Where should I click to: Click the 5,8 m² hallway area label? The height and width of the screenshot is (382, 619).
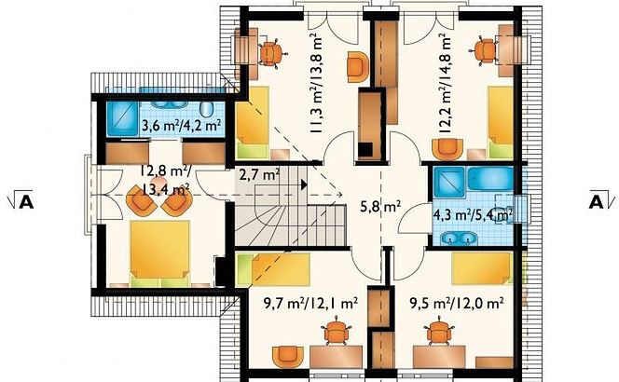coord(381,206)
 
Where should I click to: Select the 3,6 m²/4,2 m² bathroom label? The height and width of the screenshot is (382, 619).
coord(181,126)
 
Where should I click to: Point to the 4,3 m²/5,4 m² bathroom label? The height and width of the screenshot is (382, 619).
coord(473,214)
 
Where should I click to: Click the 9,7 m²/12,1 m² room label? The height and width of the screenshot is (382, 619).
coord(310,303)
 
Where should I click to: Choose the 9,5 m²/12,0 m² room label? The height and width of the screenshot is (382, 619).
coord(457,303)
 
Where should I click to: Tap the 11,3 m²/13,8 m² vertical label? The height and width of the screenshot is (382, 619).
coord(316,83)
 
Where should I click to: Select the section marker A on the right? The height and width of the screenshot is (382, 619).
coord(597,201)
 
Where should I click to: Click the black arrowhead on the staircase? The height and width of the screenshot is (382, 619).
coord(304,184)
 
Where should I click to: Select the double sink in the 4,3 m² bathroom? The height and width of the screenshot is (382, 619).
coord(459,238)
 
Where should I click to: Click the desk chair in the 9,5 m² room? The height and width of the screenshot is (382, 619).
coord(438,331)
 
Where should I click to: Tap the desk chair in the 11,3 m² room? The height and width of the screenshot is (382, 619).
coord(271,53)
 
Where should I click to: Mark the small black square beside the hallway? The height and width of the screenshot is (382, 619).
coord(365,150)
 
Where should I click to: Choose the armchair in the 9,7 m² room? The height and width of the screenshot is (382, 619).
coord(288,356)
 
